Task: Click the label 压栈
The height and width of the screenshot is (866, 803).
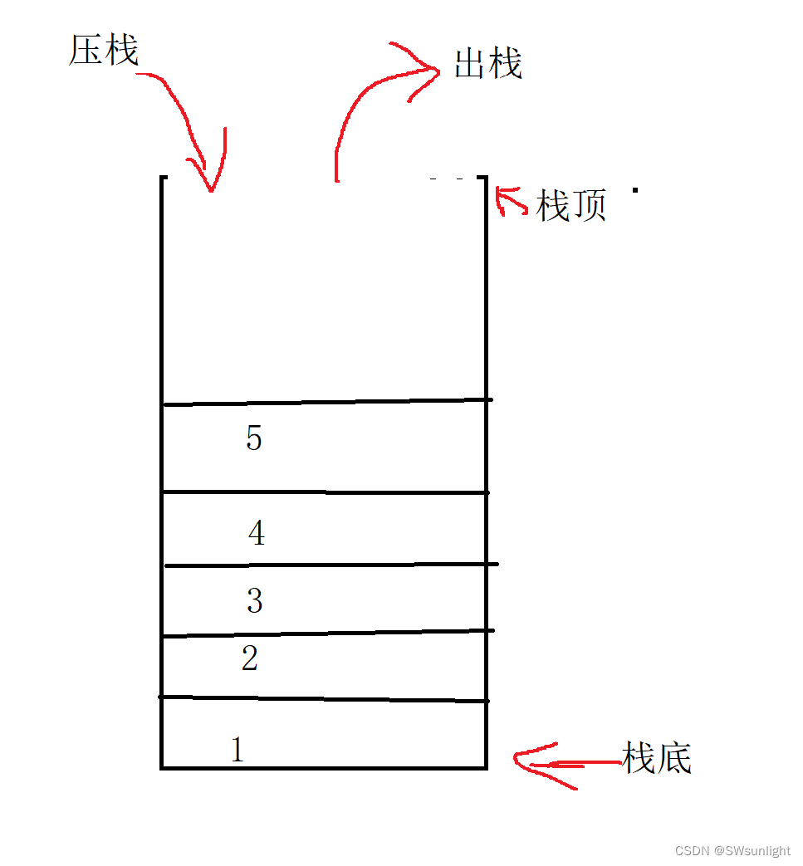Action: click(x=104, y=51)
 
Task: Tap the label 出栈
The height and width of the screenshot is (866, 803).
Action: click(x=488, y=64)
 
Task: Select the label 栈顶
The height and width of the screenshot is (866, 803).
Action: click(x=571, y=205)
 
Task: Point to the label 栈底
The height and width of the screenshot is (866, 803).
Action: click(x=656, y=758)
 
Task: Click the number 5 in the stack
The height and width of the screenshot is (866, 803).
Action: click(x=254, y=438)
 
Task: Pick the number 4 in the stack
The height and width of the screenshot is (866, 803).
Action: click(x=257, y=533)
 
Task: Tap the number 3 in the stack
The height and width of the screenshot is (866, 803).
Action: click(x=255, y=600)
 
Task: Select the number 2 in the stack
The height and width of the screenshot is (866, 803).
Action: click(x=250, y=659)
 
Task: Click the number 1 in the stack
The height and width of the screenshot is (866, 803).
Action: click(x=237, y=750)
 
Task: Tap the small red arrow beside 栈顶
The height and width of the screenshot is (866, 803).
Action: click(x=509, y=201)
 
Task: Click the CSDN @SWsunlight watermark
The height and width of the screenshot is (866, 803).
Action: click(x=732, y=850)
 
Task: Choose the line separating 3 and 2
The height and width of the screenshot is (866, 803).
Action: click(x=329, y=634)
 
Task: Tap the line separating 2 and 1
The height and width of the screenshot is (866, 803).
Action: click(x=324, y=699)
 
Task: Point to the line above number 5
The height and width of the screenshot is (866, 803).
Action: click(x=327, y=402)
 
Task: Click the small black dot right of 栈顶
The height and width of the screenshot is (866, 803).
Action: click(x=635, y=190)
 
